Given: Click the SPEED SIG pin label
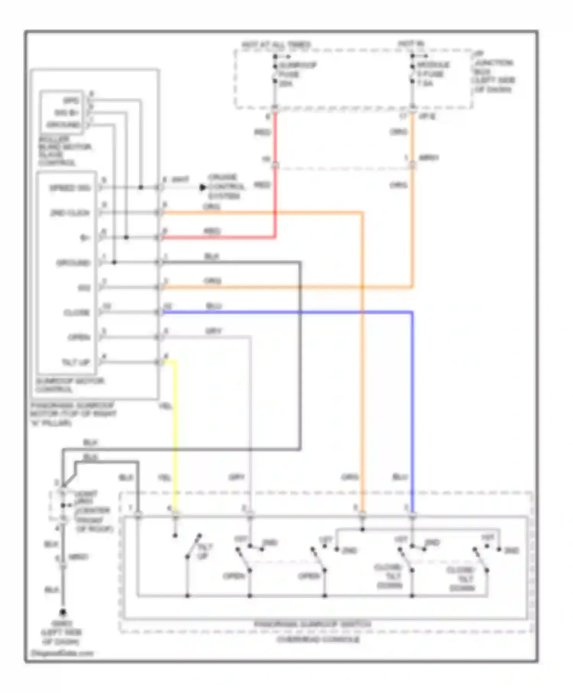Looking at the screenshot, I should point(70,188).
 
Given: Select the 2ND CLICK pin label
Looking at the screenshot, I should point(70,213).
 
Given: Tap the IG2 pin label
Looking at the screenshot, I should point(84,288).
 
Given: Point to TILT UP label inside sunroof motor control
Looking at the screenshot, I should point(76,362).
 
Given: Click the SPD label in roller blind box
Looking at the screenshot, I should point(71,101).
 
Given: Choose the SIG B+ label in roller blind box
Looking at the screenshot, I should point(66,113).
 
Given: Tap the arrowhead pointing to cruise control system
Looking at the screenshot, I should point(202,188).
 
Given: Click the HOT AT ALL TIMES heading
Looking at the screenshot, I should point(276,45).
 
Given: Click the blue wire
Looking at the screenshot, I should point(412,401).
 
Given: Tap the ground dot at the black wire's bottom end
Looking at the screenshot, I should point(63,612).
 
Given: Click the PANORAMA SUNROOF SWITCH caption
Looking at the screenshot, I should point(312,624).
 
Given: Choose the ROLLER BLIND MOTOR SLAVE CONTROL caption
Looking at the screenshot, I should point(64,151).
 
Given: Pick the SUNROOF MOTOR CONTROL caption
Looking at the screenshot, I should point(70,385).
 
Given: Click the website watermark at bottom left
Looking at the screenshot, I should point(62,653).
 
